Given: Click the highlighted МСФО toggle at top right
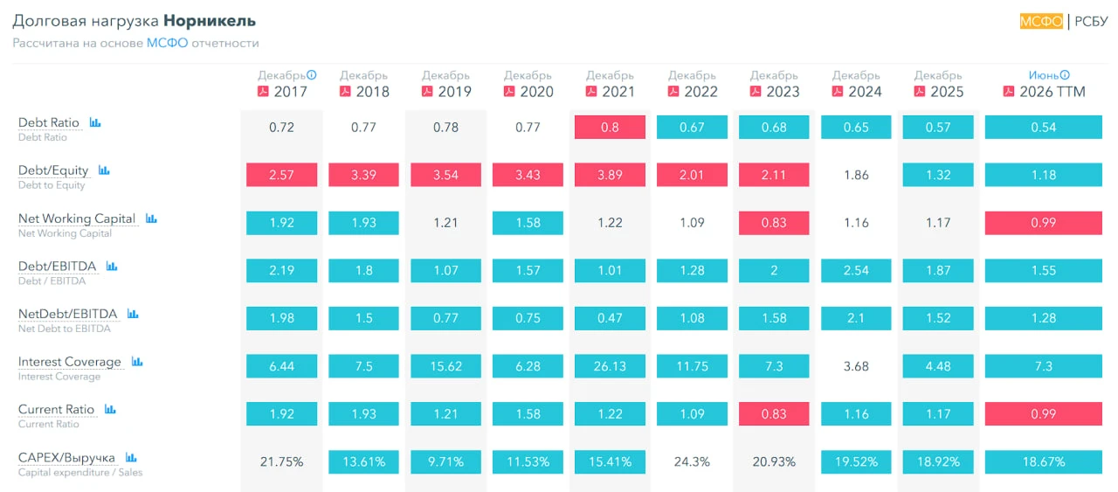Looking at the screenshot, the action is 1041,21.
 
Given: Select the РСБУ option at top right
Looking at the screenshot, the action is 1091,21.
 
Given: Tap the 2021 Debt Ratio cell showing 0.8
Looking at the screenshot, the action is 610,127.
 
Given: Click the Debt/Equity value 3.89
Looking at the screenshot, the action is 610,175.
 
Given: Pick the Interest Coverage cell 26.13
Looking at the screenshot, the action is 610,366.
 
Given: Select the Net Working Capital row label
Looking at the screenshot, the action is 77,218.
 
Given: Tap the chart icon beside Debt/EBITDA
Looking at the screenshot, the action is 111,267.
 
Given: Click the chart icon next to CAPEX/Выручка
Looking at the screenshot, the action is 131,457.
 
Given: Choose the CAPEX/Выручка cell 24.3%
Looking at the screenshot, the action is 692,461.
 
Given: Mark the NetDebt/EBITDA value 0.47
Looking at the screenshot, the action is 610,318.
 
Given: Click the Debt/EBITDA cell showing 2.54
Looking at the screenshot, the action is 856,270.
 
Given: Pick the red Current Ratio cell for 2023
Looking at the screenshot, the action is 774,413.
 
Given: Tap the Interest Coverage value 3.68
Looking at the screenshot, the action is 856,366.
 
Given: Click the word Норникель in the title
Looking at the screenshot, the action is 210,21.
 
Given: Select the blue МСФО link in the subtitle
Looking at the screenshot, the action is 167,43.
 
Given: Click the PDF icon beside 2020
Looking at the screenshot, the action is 509,92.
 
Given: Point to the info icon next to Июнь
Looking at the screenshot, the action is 1065,75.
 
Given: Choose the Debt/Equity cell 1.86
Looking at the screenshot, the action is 856,175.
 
